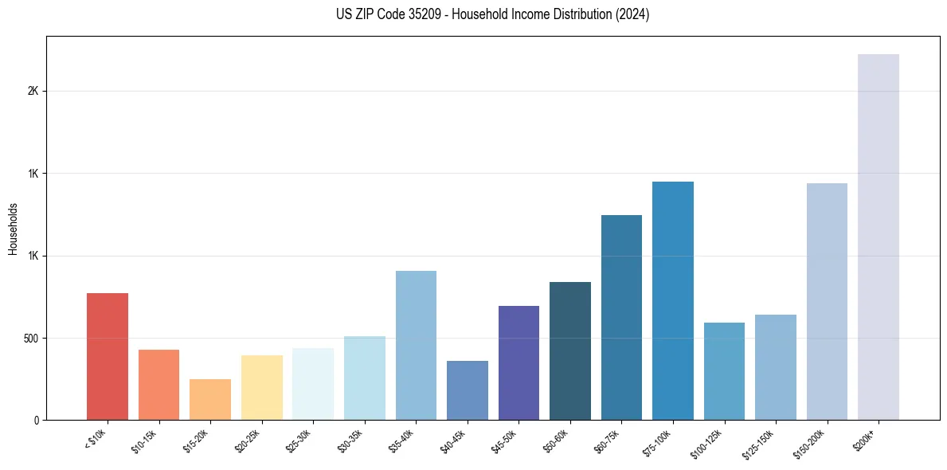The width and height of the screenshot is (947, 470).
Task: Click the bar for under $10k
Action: [108, 357]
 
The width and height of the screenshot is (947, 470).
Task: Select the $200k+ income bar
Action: [879, 237]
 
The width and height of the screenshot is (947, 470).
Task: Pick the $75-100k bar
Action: [673, 301]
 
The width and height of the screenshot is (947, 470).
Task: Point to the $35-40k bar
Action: [416, 346]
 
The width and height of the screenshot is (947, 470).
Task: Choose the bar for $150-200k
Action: [827, 302]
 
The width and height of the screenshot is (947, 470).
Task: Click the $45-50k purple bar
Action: [519, 363]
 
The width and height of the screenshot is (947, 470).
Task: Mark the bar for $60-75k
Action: [621, 318]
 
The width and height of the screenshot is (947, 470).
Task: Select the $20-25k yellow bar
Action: [262, 388]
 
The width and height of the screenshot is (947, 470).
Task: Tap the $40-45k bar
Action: [468, 390]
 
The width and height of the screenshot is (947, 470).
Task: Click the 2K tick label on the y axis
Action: [33, 92]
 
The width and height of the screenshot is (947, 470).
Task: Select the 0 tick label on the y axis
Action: [36, 421]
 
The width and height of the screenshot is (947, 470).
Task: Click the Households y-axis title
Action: [13, 229]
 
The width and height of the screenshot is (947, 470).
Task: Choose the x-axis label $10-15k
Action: [145, 439]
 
